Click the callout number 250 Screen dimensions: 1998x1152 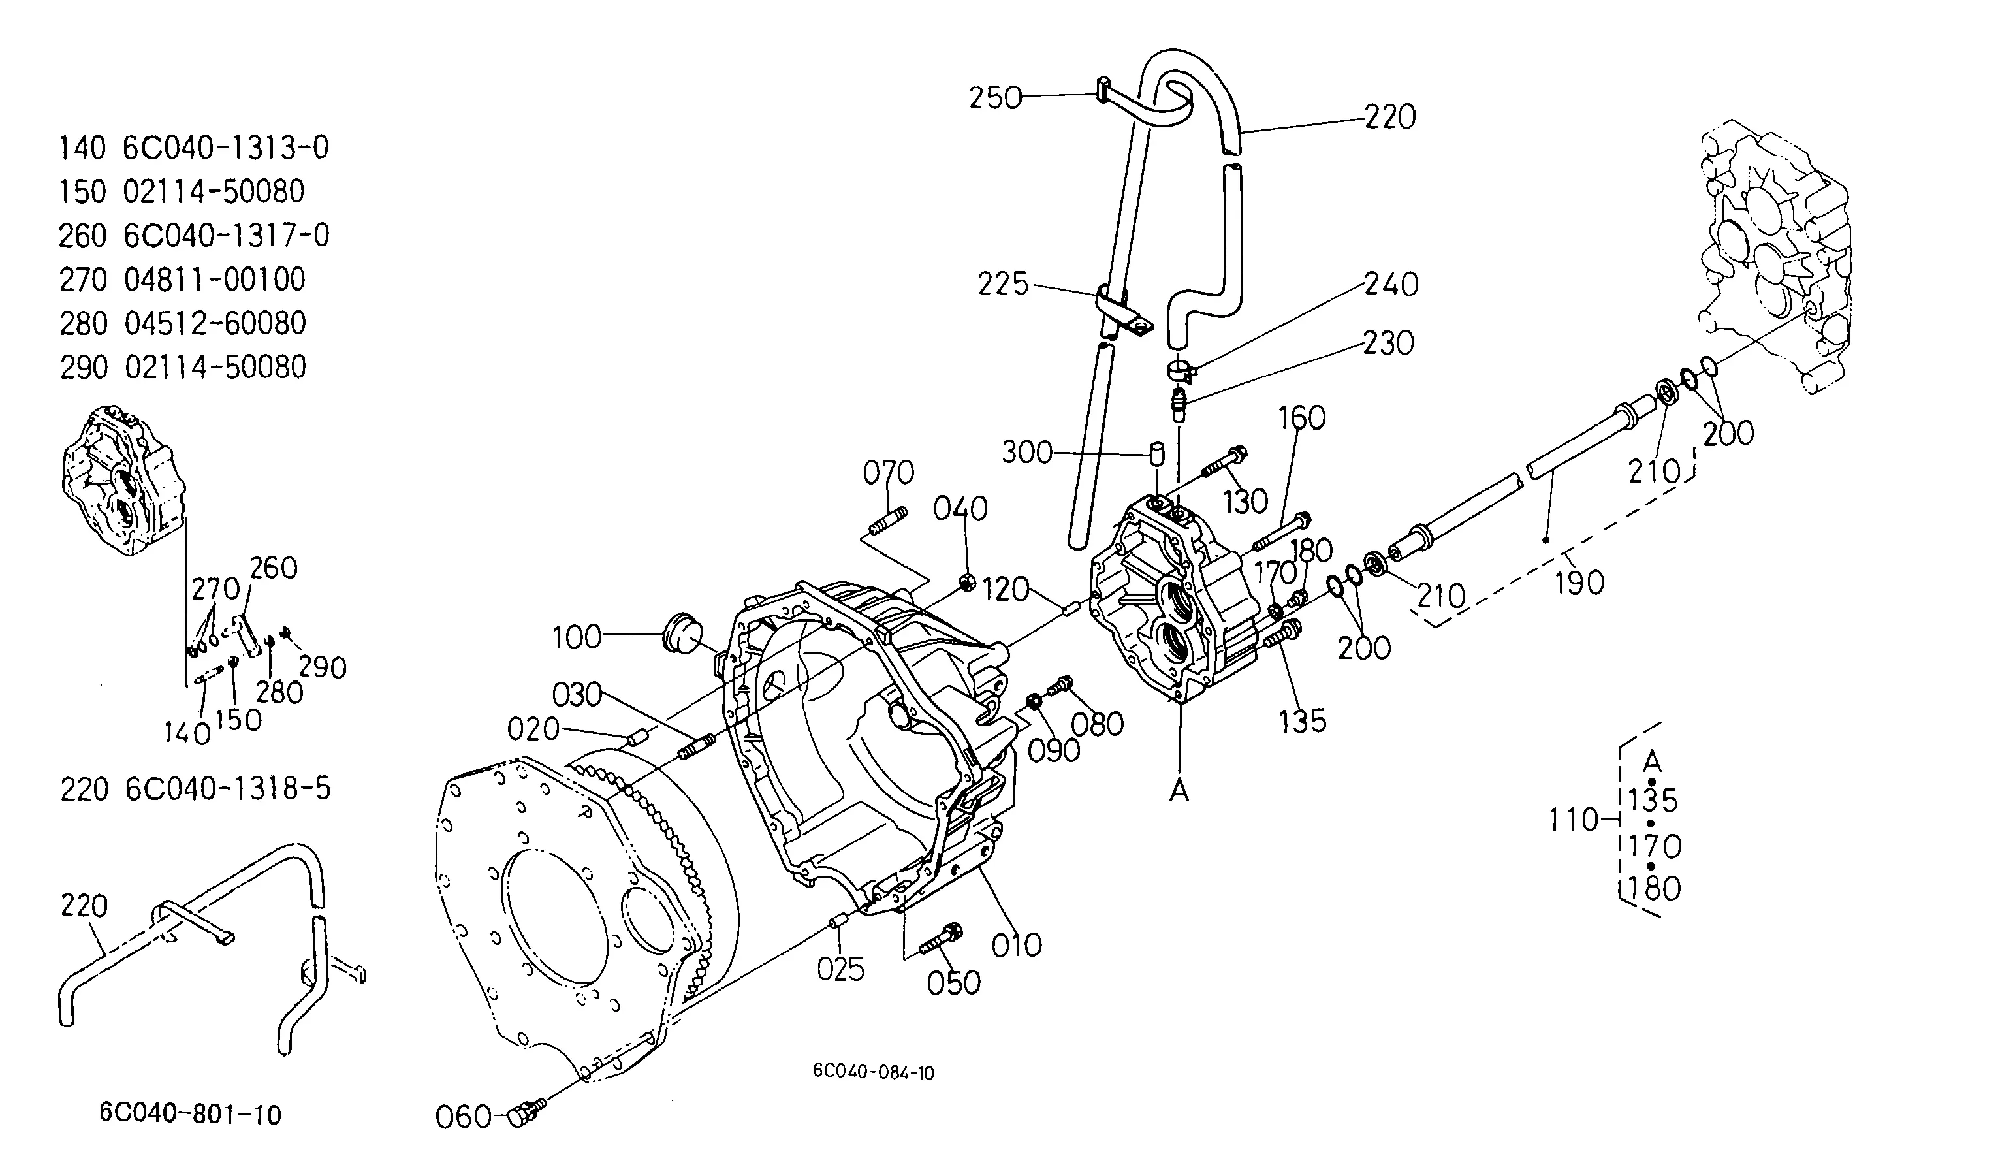coord(996,98)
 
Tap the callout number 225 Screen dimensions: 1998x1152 coord(1003,284)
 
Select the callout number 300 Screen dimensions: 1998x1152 coord(1028,453)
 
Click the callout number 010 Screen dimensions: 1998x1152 coord(1017,945)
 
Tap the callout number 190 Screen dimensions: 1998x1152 coord(1579,583)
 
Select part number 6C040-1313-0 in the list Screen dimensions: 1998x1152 coord(225,148)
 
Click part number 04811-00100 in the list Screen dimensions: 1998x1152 coord(214,280)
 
